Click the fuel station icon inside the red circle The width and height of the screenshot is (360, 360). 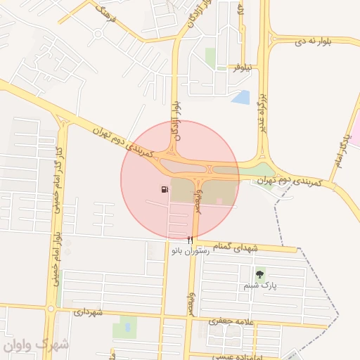(x=164, y=189)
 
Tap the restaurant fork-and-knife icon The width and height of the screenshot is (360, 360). (x=190, y=240)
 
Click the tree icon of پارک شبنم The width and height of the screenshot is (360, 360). (x=260, y=274)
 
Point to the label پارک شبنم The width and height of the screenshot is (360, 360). (x=260, y=285)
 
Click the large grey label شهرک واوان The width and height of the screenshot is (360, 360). (x=35, y=345)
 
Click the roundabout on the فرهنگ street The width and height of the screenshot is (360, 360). (x=95, y=32)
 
